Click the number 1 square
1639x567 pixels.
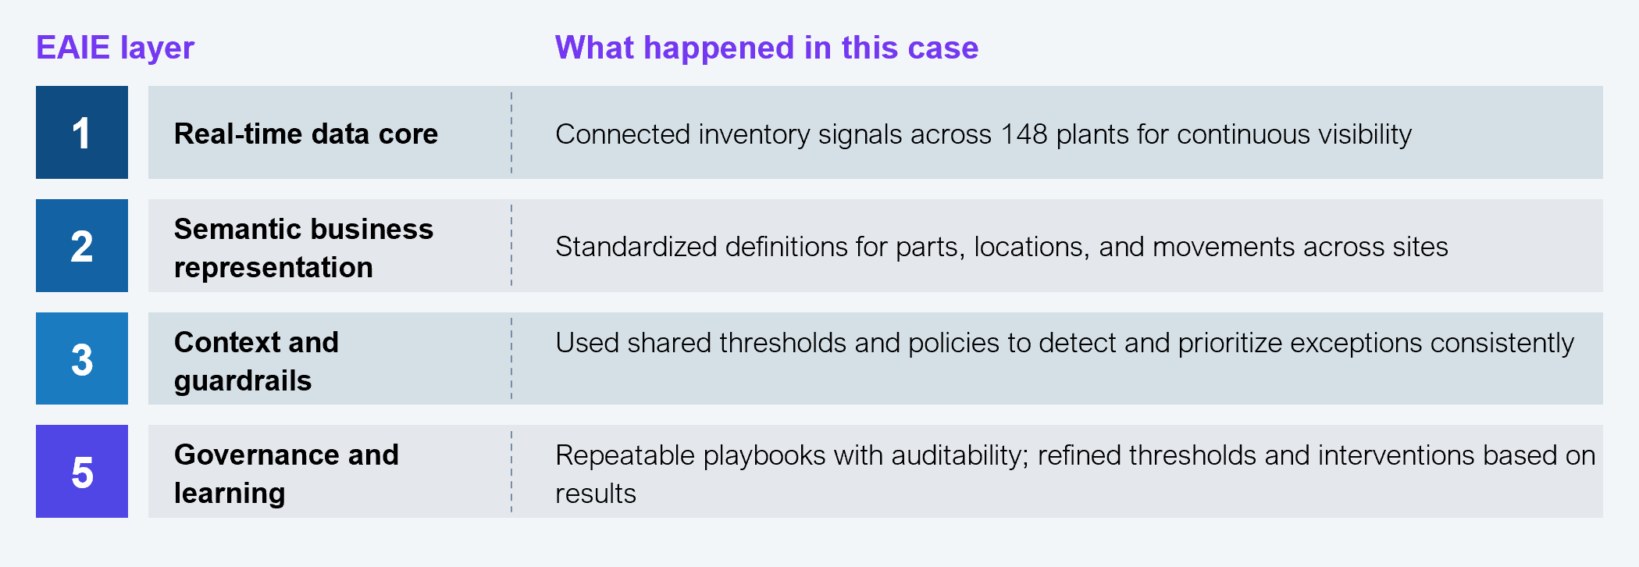coord(82,132)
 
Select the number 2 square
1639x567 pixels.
coord(82,245)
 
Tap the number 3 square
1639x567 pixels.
coord(82,358)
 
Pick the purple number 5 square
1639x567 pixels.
coord(82,471)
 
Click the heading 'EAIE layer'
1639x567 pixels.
coord(115,48)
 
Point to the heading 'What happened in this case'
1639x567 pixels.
coord(766,48)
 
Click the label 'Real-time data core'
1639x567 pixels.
coord(306,134)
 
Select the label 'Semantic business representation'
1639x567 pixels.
coord(304,248)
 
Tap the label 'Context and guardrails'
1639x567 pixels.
coord(256,361)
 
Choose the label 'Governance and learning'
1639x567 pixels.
coord(287,473)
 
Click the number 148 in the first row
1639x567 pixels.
coord(1024,134)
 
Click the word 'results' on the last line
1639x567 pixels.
coord(596,494)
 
